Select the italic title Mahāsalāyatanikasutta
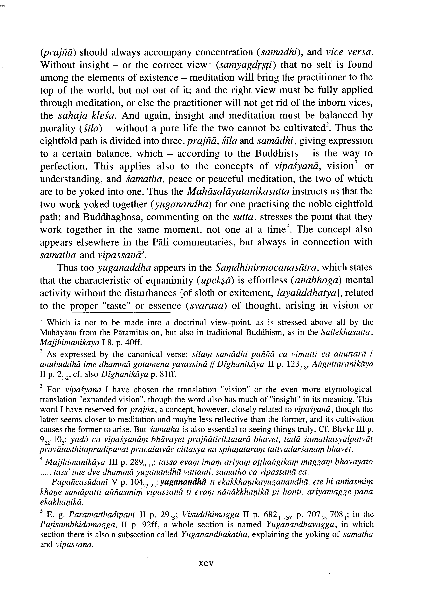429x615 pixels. (239, 192)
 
